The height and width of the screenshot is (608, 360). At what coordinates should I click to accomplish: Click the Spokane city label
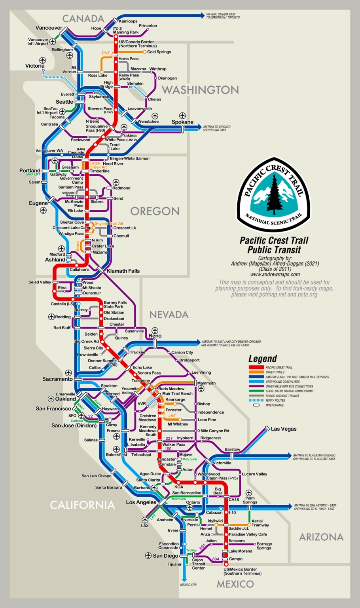click(x=182, y=122)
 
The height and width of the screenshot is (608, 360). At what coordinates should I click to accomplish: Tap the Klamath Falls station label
click(x=123, y=271)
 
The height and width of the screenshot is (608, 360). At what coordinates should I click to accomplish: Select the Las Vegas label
click(x=283, y=429)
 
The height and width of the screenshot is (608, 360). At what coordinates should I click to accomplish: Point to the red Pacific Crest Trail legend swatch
click(x=256, y=367)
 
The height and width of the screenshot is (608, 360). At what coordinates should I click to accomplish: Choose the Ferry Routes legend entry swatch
click(x=256, y=400)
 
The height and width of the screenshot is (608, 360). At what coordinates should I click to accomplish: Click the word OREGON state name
click(x=155, y=211)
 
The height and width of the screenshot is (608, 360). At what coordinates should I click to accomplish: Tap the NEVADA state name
click(x=169, y=315)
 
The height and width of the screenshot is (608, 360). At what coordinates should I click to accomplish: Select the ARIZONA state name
click(x=321, y=537)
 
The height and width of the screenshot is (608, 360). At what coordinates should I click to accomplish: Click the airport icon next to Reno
click(x=155, y=330)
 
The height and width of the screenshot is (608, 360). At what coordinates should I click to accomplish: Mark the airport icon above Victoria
click(x=42, y=60)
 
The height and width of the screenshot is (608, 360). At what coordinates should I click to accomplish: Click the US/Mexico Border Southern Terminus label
click(x=242, y=571)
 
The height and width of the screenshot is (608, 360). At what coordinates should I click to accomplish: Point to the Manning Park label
click(x=126, y=32)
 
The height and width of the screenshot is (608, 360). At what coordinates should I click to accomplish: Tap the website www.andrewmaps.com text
click(x=275, y=274)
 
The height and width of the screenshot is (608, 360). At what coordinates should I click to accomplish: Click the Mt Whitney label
click(x=178, y=424)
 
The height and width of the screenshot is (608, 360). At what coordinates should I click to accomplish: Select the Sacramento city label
click(x=57, y=379)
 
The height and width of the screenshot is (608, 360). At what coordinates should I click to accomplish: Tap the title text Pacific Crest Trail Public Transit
click(x=274, y=245)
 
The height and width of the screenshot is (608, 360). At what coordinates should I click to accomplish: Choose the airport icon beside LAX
click(x=145, y=520)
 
